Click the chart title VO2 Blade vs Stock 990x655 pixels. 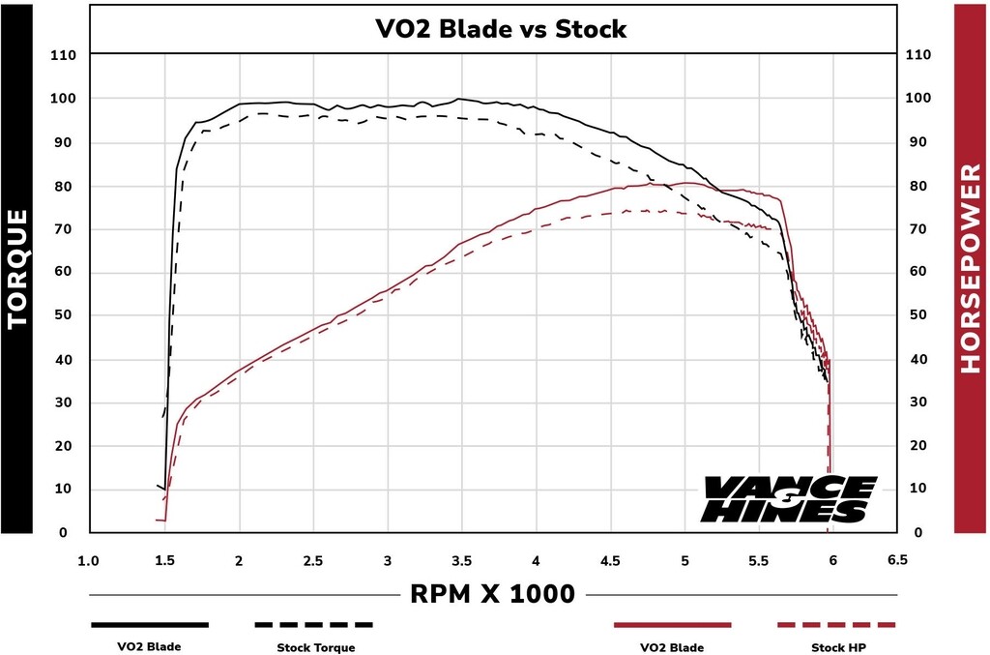(501, 29)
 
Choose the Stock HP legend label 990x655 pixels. (836, 647)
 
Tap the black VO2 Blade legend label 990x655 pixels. (150, 647)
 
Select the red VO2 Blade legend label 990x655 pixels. (672, 647)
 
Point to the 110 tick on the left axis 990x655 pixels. (62, 55)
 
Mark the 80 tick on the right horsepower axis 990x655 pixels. (919, 186)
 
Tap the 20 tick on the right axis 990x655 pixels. (919, 446)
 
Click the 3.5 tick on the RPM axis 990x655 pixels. (461, 560)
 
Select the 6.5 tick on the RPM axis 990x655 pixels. (896, 560)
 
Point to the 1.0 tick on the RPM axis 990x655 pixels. (89, 560)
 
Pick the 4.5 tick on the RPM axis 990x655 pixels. (610, 560)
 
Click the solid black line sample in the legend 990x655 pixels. (150, 625)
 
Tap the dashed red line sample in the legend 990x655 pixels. (836, 625)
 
